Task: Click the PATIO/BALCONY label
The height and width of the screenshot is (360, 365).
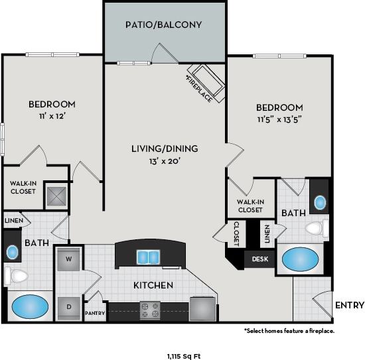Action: point(163,25)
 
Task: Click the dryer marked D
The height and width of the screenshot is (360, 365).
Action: point(69,306)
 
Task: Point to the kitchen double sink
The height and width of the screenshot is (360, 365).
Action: point(148,256)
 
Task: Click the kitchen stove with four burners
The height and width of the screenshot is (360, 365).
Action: point(150,308)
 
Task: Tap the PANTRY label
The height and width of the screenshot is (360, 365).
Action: point(95,312)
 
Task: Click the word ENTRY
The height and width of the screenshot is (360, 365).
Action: point(350,305)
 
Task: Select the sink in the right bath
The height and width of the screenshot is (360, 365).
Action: point(320,203)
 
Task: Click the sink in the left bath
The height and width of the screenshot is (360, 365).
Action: point(12,252)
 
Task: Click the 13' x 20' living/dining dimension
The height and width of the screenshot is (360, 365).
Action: point(164,160)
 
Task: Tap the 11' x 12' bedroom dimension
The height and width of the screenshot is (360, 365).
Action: point(51,116)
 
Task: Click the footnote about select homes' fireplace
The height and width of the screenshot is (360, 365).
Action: point(289,330)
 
